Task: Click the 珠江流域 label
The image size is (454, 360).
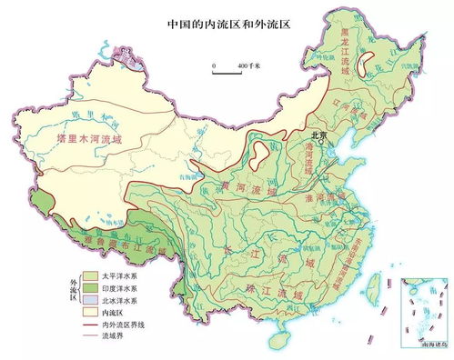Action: click(x=274, y=290)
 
